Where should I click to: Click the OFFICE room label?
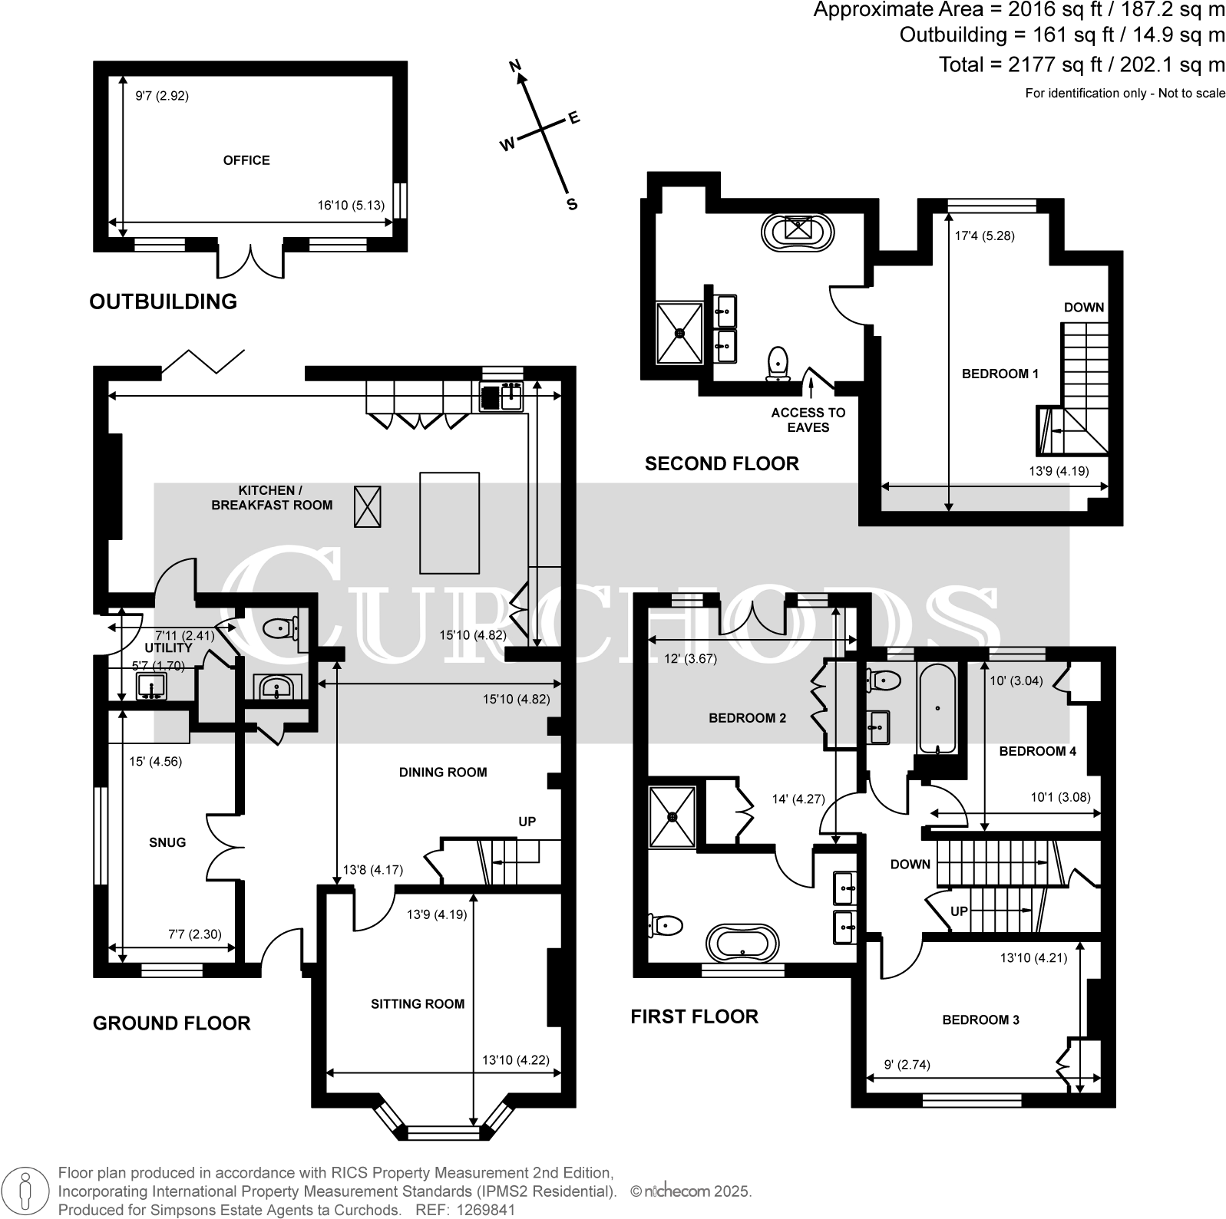click(x=246, y=160)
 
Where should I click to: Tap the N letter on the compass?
click(x=517, y=66)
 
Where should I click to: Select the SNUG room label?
click(x=167, y=842)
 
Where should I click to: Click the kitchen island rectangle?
click(x=449, y=522)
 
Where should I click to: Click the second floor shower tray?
click(x=679, y=332)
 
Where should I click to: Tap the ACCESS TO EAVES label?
click(x=808, y=420)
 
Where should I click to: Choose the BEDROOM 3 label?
click(x=980, y=1020)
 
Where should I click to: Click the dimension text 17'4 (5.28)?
click(x=984, y=236)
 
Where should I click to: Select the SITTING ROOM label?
click(x=418, y=1003)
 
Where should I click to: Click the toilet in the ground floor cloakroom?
click(x=279, y=629)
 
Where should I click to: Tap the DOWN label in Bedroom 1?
click(x=1083, y=308)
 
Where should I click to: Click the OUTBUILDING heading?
click(x=163, y=301)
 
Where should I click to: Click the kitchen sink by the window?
click(x=502, y=397)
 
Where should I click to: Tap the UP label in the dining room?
click(x=527, y=822)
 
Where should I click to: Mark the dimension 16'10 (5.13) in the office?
click(x=351, y=206)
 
